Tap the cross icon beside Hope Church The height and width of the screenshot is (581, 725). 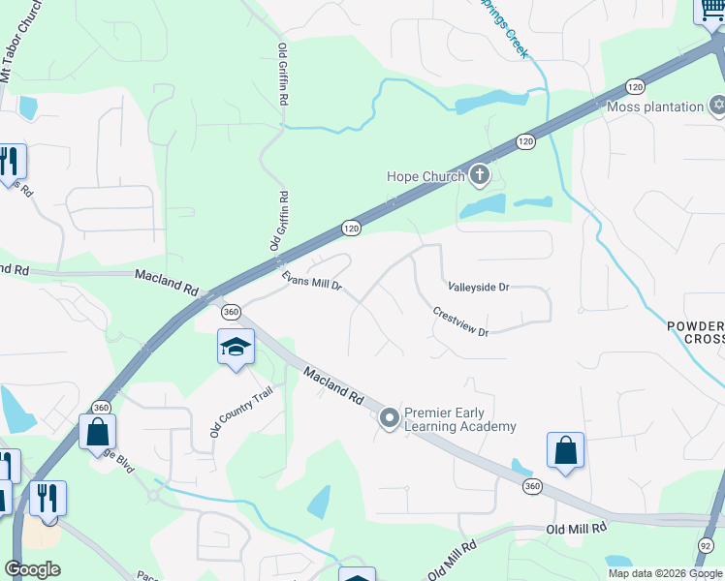click(x=478, y=175)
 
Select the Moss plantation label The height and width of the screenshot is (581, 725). click(x=655, y=107)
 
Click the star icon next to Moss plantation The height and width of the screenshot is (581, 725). click(x=717, y=105)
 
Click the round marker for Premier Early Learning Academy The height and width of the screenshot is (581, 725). click(x=390, y=418)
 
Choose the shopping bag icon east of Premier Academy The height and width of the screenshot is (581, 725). click(x=566, y=450)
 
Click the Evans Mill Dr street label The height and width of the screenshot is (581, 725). click(x=311, y=281)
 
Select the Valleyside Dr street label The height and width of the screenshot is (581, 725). click(x=478, y=288)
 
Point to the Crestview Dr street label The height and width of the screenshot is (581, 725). click(x=460, y=322)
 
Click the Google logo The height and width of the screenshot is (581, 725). click(x=33, y=568)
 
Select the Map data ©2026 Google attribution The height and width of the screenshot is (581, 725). click(x=664, y=573)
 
